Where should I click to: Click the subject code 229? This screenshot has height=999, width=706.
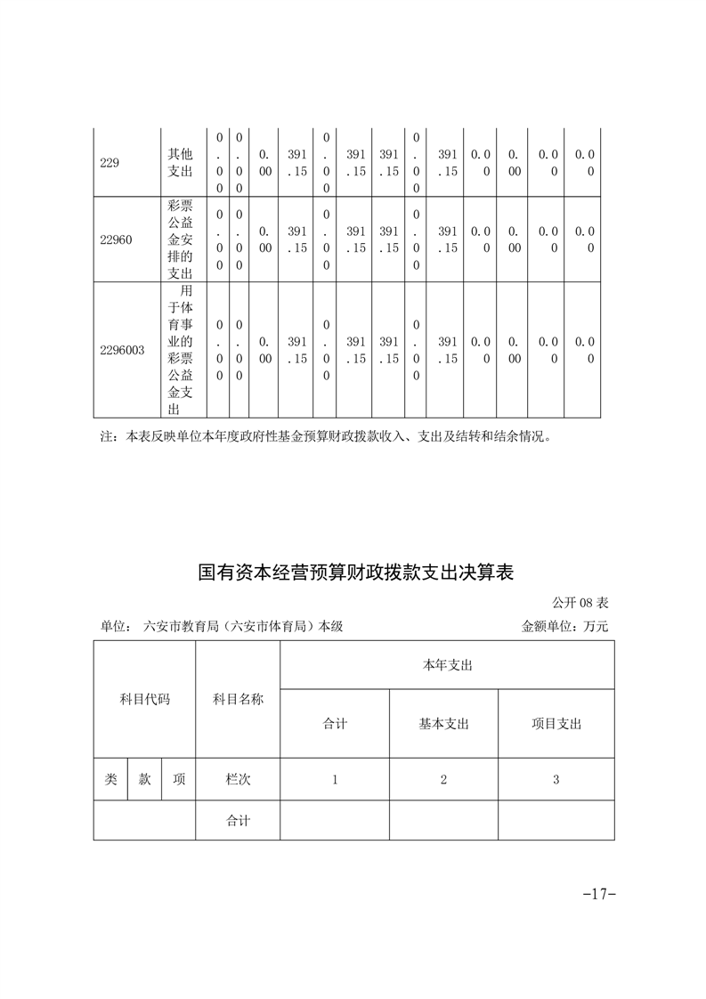click(x=110, y=163)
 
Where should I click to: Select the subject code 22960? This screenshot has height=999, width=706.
click(x=116, y=240)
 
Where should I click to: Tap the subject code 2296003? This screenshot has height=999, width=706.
click(x=123, y=350)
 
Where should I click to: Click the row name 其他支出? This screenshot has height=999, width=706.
click(x=180, y=163)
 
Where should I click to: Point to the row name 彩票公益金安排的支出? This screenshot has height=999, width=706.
click(x=180, y=240)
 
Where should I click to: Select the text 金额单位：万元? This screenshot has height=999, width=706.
click(x=564, y=626)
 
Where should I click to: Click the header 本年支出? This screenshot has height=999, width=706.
click(x=447, y=665)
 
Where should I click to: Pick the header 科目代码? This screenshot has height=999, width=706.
click(x=144, y=699)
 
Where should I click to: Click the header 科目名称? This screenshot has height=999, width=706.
click(x=238, y=699)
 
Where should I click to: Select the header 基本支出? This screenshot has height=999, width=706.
click(x=443, y=724)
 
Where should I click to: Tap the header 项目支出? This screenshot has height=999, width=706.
click(x=556, y=724)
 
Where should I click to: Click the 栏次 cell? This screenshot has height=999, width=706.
click(x=238, y=779)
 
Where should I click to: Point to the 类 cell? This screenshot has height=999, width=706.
click(x=110, y=779)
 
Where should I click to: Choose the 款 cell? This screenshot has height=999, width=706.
click(x=144, y=779)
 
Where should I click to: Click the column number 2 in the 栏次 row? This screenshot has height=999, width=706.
click(x=443, y=780)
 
